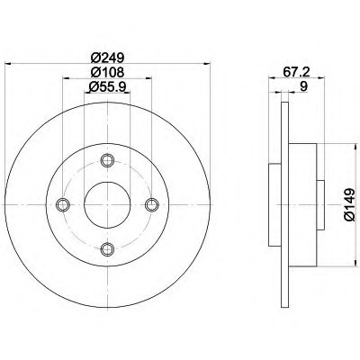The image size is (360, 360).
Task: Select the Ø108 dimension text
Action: [106, 72]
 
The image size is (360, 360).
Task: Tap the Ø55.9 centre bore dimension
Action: [106, 86]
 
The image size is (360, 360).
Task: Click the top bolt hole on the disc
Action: [107, 161]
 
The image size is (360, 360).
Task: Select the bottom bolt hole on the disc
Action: [107, 249]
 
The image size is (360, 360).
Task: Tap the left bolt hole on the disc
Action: [63, 205]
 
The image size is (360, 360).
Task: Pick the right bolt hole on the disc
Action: [151, 205]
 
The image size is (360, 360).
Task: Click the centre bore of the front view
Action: [107, 205]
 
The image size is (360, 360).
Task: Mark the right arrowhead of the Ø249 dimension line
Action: [205, 64]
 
